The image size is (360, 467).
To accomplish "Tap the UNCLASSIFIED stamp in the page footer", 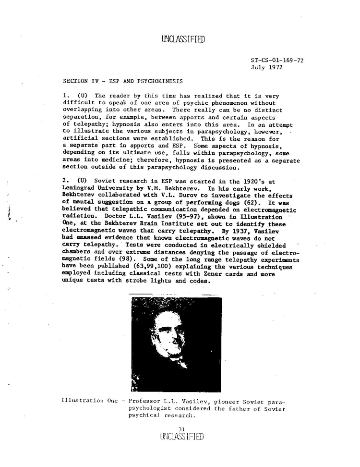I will [x=182, y=437].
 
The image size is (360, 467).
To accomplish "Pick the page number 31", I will [x=181, y=429].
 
